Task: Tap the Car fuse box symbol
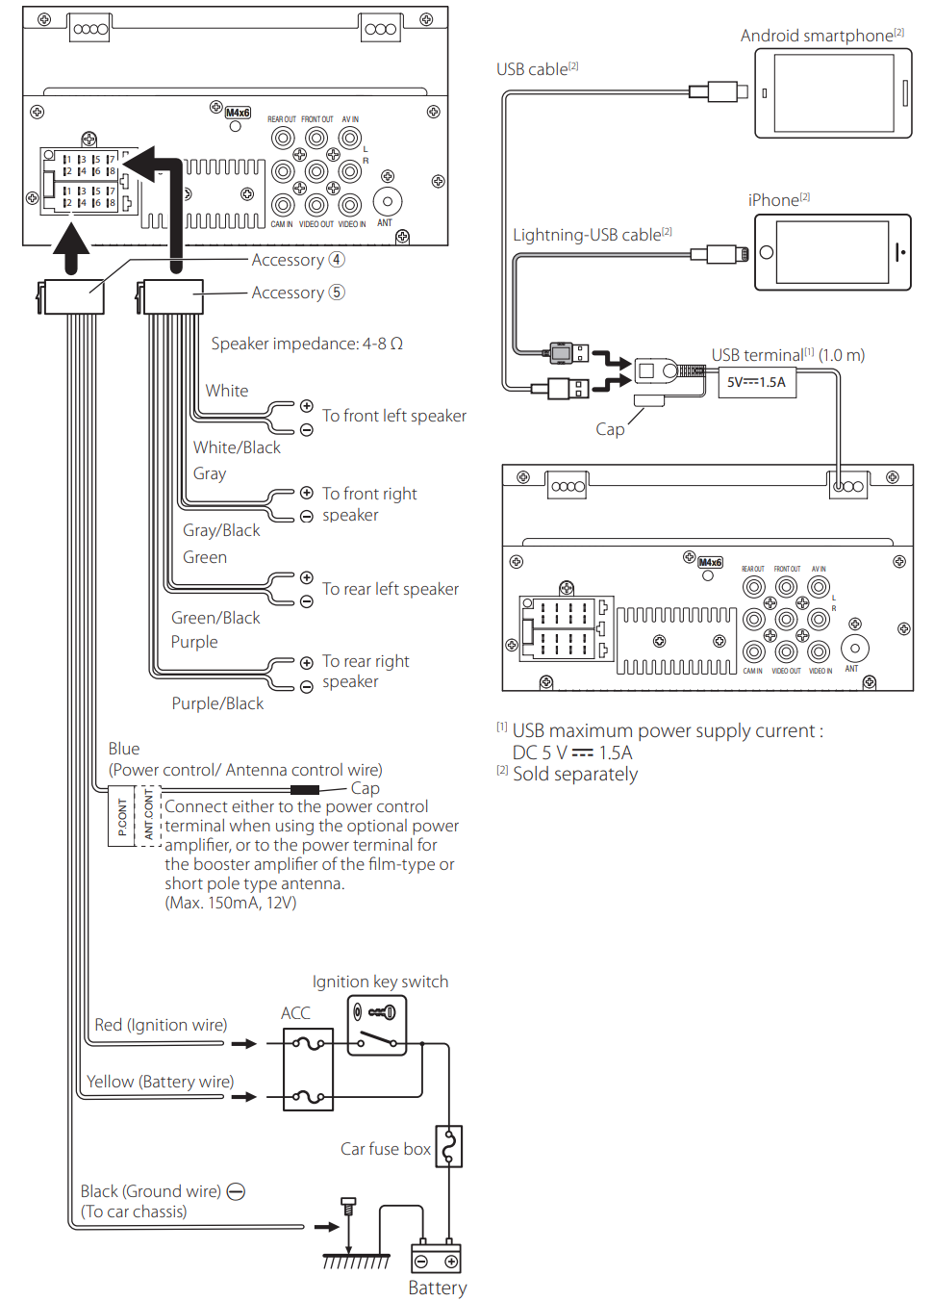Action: (449, 1146)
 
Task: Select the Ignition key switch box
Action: (377, 1026)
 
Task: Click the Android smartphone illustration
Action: (833, 93)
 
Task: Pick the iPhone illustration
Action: (833, 252)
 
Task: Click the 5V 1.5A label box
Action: (757, 382)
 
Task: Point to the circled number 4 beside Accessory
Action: (337, 260)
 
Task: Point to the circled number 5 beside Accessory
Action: (337, 293)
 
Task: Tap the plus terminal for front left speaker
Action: (306, 405)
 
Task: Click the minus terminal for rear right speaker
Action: (306, 686)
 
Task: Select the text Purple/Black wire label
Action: (217, 703)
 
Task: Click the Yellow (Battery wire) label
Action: (160, 1082)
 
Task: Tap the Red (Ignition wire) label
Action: (161, 1025)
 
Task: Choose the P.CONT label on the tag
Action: (122, 816)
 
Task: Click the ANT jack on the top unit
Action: (388, 201)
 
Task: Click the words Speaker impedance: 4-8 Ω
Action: (307, 344)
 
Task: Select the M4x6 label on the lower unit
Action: (710, 562)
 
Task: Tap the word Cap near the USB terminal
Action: (610, 429)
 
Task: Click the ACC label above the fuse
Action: (295, 1013)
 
